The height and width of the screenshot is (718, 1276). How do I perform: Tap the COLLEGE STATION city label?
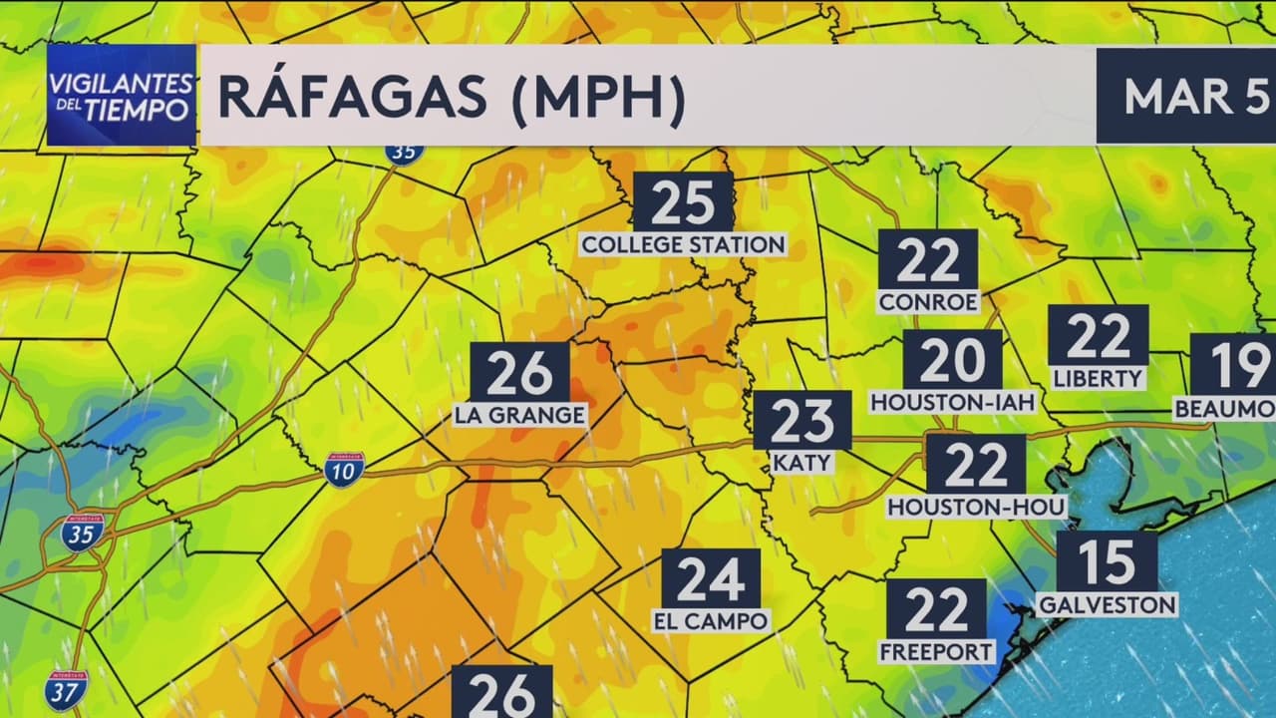point(683,244)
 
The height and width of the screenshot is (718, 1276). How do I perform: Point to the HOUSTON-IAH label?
point(953,402)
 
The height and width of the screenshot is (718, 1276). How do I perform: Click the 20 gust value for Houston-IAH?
point(952,360)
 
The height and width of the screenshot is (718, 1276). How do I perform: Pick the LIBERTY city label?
point(1098,378)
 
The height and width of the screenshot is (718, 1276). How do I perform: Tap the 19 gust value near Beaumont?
point(1236,364)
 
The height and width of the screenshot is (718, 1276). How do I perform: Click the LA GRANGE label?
point(519,414)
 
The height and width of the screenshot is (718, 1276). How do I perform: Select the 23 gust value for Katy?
point(802,420)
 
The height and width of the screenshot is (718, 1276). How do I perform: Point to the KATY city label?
point(801,463)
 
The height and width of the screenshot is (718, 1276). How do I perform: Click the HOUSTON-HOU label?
point(977,507)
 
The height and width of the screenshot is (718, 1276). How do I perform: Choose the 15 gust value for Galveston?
point(1107,561)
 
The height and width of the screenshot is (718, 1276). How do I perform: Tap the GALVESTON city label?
point(1108,604)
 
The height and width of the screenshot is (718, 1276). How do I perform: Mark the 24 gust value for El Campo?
point(711,578)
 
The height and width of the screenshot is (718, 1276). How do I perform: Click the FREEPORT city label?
point(937,652)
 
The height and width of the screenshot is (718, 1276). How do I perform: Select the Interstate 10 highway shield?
point(343,469)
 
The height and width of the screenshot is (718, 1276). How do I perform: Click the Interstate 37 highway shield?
point(66,690)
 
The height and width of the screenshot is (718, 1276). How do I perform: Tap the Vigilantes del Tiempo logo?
point(121,96)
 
